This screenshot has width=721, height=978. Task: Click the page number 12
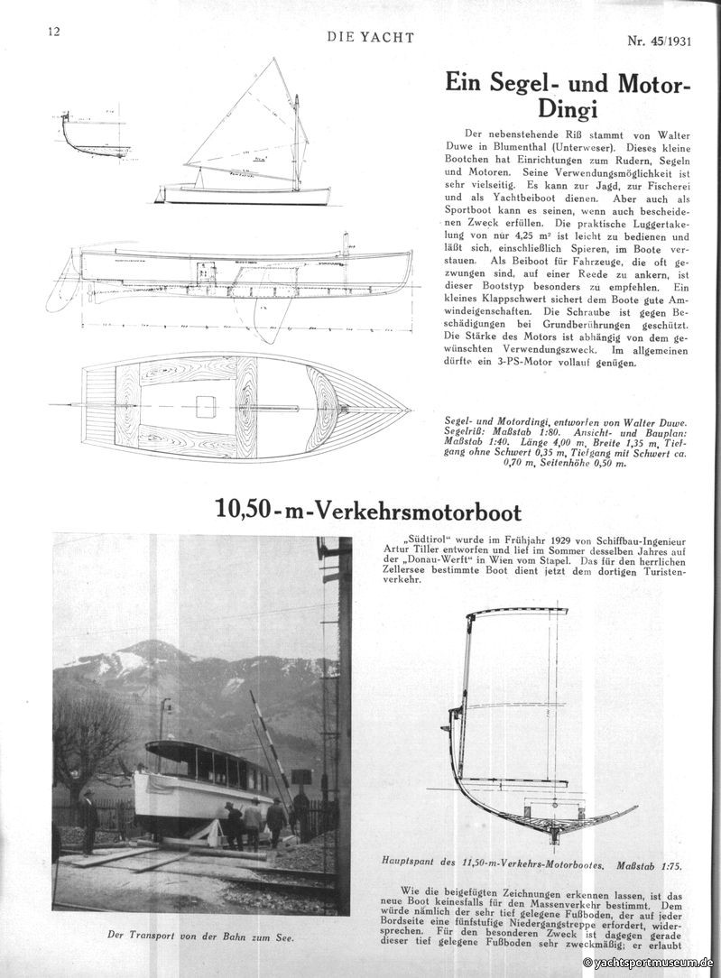tap(53, 31)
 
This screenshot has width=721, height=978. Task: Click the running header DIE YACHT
tap(371, 37)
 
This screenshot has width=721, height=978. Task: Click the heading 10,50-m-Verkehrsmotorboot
tap(368, 512)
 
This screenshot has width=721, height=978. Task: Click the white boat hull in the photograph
tap(189, 795)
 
